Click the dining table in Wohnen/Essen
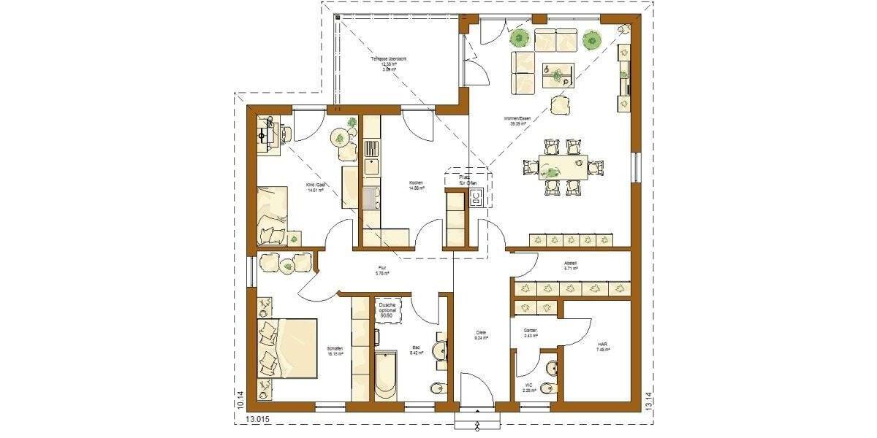coord(563,166)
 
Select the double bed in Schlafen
coord(286,347)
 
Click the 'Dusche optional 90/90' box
coord(387,310)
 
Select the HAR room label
coord(603,347)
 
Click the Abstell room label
coord(571,266)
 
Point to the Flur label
coord(381,271)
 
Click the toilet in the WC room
coord(548,388)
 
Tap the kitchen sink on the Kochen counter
coord(371,196)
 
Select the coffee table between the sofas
coord(558,74)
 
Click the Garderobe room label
coord(530,333)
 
